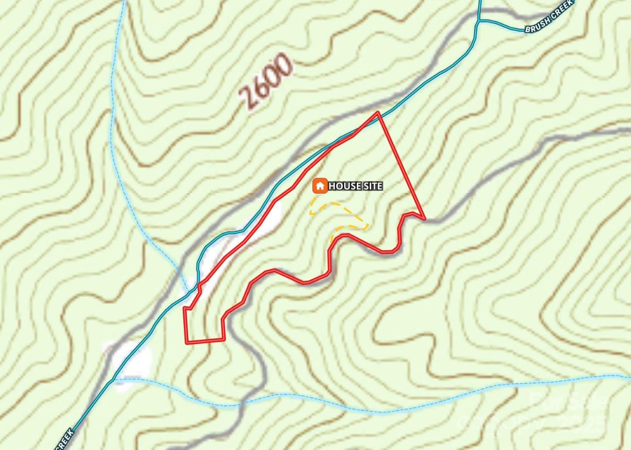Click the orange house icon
pos(320,186)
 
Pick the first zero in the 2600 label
pos(273,75)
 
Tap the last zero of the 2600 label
pos(283,64)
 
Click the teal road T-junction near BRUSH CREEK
pos(478,20)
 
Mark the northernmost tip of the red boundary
pos(378,112)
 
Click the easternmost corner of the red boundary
pos(424,218)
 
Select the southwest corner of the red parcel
pos(187,343)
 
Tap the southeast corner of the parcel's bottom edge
pos(224,339)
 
